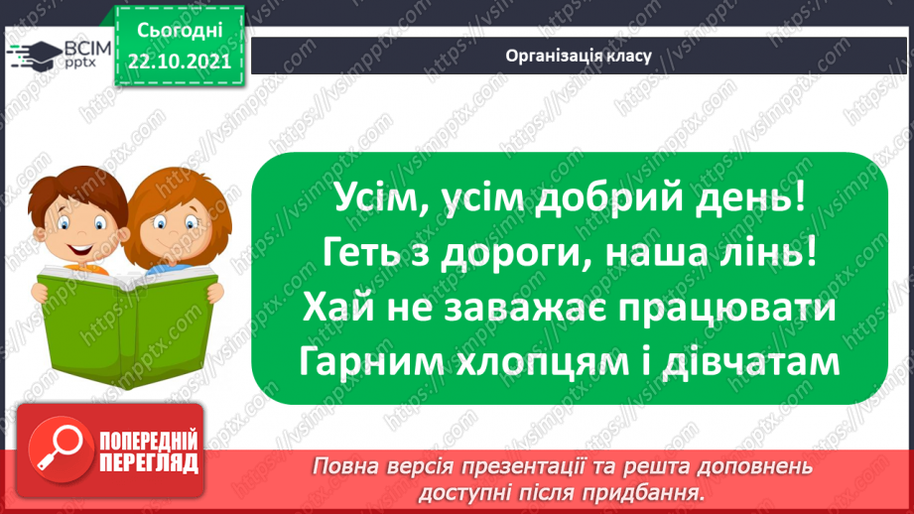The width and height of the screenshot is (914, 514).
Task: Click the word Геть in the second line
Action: [x=361, y=255]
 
